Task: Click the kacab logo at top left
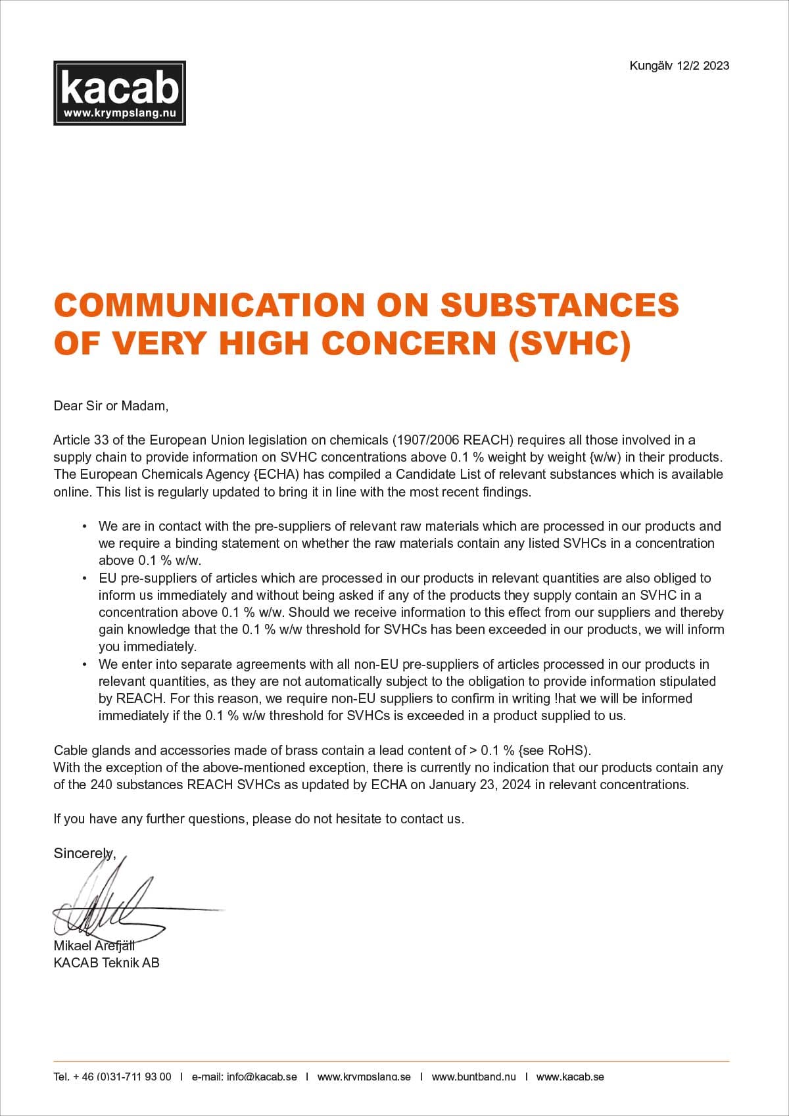pos(119,93)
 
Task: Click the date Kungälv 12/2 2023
pos(679,65)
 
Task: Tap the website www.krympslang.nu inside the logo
pos(119,113)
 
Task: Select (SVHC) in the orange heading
pos(569,343)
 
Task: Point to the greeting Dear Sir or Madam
pos(110,406)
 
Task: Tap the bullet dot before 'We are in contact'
pos(84,527)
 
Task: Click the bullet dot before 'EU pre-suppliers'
pos(84,579)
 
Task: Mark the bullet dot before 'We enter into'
pos(84,665)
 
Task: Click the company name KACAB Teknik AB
pos(107,963)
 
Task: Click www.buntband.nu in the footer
pos(473,1077)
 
